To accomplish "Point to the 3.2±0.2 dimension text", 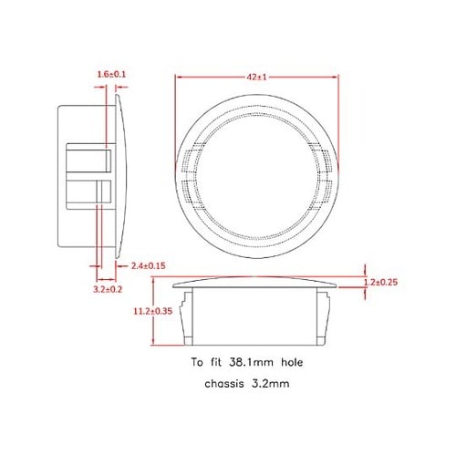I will (109, 288).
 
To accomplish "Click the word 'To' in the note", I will (199, 361).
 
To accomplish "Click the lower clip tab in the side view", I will (88, 193).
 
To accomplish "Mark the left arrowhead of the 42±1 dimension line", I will (176, 79).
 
